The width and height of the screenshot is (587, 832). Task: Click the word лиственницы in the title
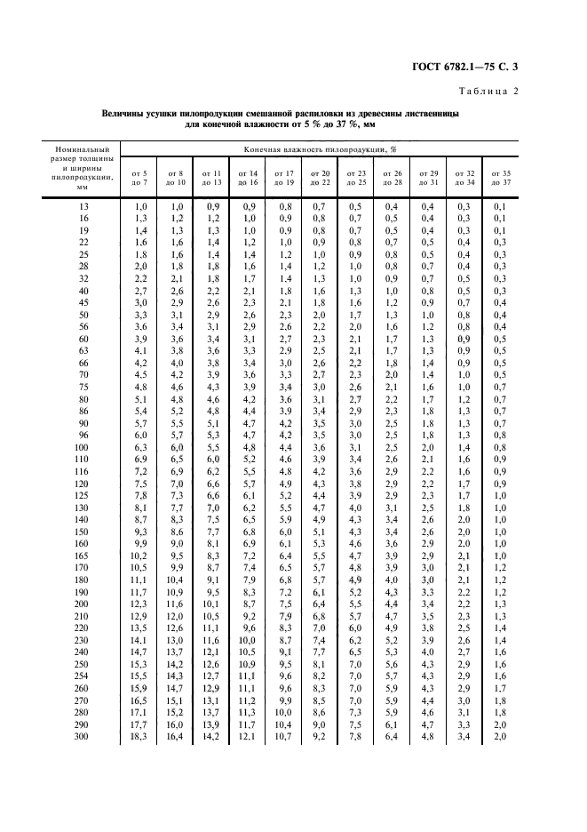pos(430,115)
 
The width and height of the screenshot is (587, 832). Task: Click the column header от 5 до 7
pos(139,177)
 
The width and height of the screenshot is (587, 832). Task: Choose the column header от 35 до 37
pos(500,177)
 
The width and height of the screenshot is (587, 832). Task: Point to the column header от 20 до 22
pos(321,177)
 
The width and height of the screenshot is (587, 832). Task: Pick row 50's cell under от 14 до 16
pos(249,316)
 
